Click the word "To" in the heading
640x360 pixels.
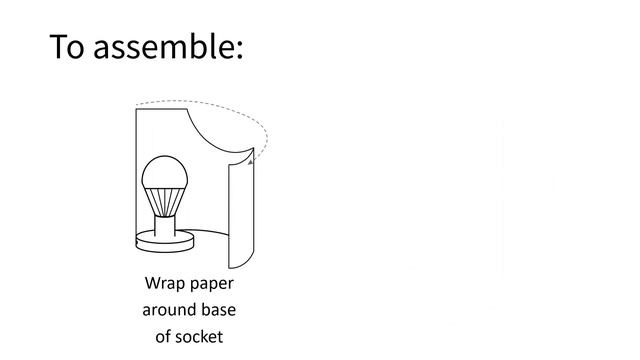[67, 47]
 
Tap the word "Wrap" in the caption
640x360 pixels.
[165, 284]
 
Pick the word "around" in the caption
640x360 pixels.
[168, 310]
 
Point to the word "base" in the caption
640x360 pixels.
[217, 310]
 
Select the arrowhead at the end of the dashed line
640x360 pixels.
[249, 158]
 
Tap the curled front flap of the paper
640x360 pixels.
[239, 215]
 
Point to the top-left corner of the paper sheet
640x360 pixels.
[137, 109]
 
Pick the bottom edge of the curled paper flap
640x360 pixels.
[239, 265]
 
